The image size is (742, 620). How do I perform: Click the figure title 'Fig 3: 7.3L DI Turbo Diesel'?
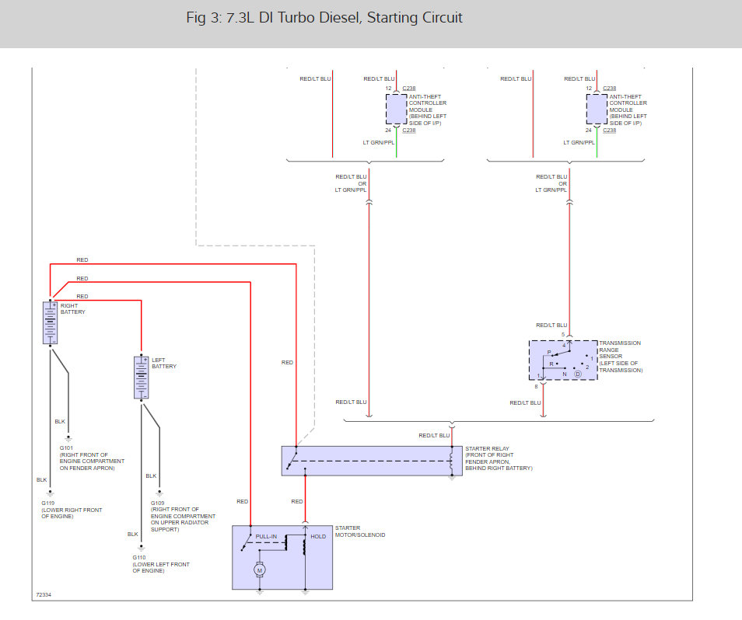coord(324,17)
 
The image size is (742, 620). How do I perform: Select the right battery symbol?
coord(51,322)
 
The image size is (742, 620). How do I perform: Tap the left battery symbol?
coord(141,377)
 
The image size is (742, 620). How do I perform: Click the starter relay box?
coord(371,461)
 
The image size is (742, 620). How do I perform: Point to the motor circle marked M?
coord(261,571)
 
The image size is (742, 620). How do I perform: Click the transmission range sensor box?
coord(563,360)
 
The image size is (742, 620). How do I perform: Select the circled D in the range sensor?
coord(578,374)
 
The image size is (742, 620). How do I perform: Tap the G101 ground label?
coord(66,448)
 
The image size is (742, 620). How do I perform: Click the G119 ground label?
coord(48,503)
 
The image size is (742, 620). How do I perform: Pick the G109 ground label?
coord(157,503)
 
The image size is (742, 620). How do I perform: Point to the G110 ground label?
coord(139,558)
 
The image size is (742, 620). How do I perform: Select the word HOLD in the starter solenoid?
coord(318,536)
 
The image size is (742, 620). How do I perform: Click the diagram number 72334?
coord(44,596)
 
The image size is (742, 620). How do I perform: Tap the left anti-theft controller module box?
coord(397,110)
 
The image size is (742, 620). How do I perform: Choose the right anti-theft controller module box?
coord(597,110)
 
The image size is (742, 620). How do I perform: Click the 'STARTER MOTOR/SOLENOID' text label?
coord(359,531)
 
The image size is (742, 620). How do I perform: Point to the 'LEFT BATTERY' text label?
coord(164,363)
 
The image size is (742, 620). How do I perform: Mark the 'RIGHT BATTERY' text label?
coord(73,308)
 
